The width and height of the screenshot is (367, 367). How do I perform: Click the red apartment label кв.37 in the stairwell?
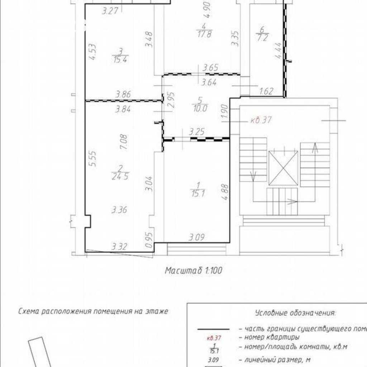[x=261, y=120]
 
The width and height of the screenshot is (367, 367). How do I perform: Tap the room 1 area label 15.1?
[x=198, y=194]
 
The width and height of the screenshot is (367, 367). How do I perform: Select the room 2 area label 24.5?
[x=120, y=176]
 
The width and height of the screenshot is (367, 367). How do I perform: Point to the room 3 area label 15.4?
[x=120, y=59]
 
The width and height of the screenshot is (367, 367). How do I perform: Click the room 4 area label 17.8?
[x=204, y=34]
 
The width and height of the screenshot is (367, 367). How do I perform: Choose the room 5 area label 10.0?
[x=200, y=108]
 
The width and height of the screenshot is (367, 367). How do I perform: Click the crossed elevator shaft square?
[x=283, y=168]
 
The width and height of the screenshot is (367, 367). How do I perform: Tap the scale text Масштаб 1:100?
[x=194, y=271]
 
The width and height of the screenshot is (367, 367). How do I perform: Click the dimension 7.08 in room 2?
[x=124, y=142]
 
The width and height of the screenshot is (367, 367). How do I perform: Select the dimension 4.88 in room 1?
[x=225, y=192]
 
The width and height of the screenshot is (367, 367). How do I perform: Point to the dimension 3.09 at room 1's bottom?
[x=197, y=237]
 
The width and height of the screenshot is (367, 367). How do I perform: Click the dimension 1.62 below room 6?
[x=267, y=91]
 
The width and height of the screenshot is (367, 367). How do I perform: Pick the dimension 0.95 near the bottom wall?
[x=149, y=240]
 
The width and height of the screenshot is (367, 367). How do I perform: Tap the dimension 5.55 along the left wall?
[x=93, y=158]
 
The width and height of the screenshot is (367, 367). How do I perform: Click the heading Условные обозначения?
[x=295, y=313]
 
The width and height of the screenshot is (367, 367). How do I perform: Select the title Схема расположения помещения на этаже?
[x=93, y=311]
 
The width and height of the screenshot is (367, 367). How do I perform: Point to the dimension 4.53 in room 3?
[x=93, y=52]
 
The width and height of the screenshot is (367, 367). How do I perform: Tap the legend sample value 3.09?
[x=213, y=360]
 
